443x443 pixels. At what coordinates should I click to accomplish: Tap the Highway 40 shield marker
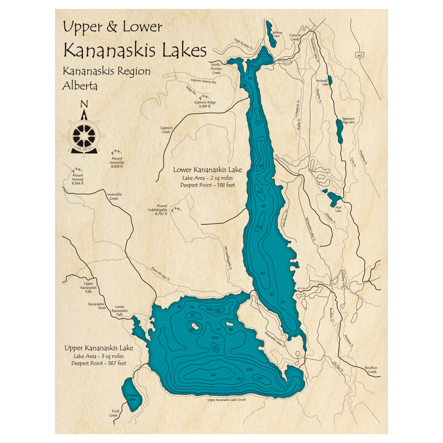tap(358, 54)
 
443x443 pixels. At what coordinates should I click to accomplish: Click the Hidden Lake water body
tap(129, 394)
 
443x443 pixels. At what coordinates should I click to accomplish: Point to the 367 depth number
tap(214, 375)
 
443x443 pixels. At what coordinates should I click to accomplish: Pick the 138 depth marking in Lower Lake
tap(260, 166)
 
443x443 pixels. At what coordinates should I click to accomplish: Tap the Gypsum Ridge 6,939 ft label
tap(205, 105)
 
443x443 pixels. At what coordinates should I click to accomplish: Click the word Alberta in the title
tap(80, 85)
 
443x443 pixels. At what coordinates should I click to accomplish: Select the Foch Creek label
tap(113, 413)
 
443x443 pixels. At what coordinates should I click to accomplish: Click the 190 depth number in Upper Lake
tap(218, 311)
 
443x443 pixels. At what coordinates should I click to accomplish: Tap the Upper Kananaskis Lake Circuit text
tap(226, 400)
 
